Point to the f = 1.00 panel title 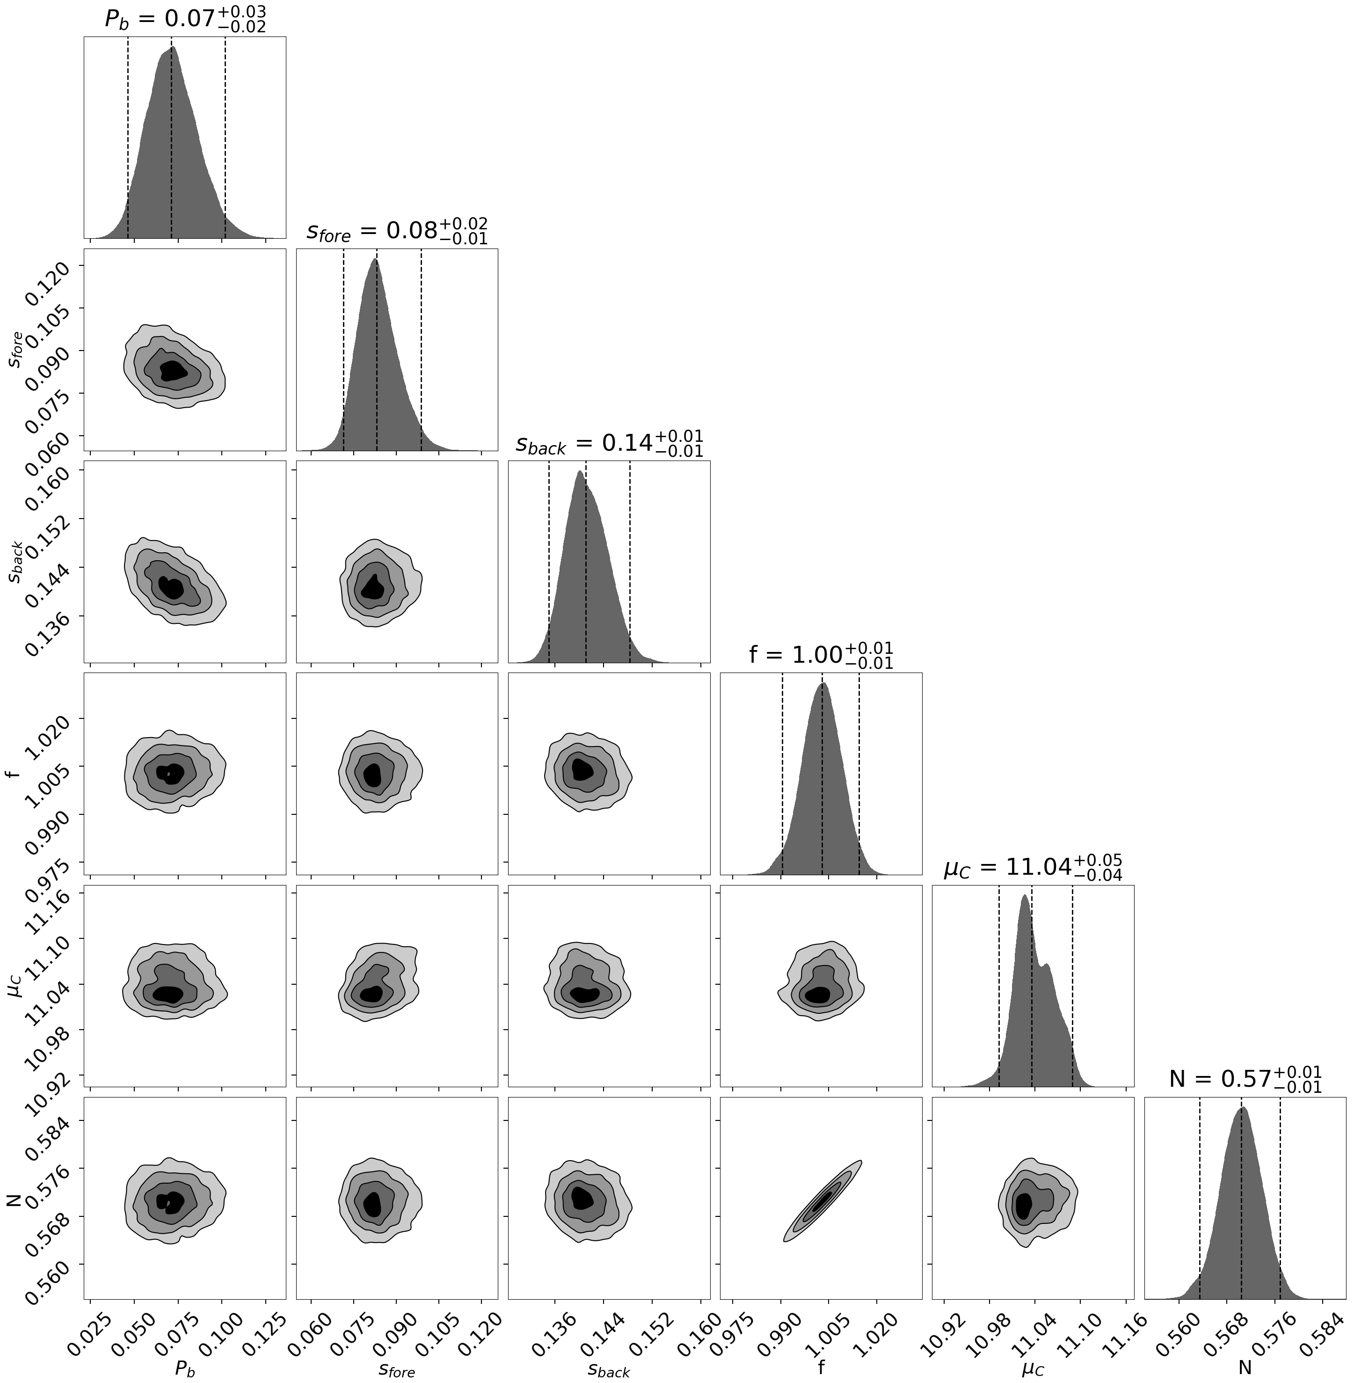click(821, 655)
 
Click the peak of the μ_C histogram click(1024, 896)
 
